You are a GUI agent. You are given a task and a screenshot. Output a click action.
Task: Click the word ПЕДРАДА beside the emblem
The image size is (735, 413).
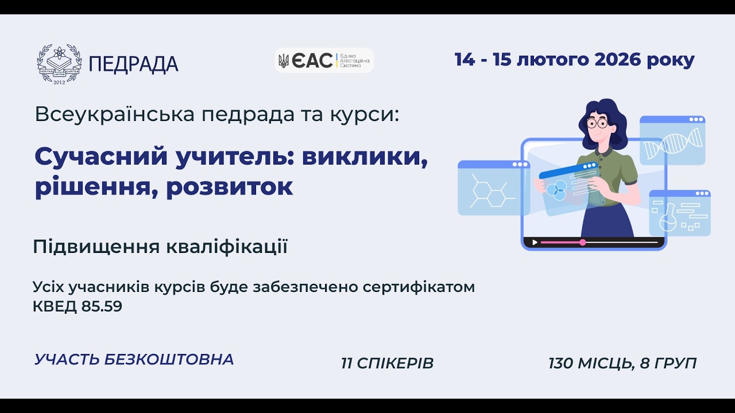[134, 64]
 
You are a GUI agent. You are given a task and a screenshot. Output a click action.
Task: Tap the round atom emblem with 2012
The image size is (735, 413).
[59, 64]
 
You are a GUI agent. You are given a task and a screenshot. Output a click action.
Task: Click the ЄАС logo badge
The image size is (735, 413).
[324, 60]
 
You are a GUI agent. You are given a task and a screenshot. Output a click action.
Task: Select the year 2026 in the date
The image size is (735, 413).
[619, 60]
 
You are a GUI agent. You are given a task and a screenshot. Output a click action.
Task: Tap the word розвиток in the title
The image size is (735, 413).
[230, 187]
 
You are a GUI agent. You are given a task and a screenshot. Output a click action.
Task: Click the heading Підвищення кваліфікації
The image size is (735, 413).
[160, 247]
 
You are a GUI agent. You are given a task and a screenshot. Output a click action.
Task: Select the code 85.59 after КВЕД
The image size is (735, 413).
[102, 307]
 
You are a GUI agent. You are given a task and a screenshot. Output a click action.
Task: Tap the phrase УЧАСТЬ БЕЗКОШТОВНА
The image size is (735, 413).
[134, 360]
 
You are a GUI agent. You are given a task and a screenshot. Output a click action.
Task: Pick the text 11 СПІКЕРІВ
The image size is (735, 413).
[387, 363]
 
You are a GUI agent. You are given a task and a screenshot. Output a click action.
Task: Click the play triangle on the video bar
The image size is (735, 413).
[535, 243]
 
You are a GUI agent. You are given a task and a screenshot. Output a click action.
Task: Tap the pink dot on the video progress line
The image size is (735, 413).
[583, 243]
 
